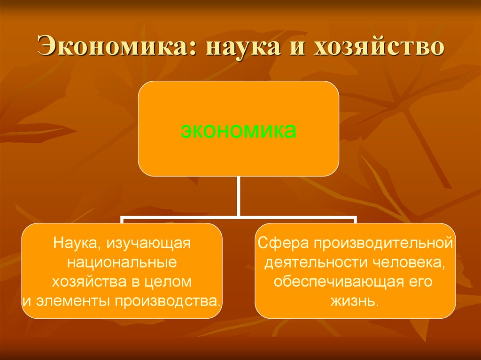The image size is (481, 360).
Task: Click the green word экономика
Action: (238, 130)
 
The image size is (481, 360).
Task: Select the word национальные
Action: (122, 263)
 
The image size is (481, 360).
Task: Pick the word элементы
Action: (73, 301)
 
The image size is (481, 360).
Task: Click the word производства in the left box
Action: (168, 302)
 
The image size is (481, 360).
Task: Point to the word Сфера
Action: (283, 243)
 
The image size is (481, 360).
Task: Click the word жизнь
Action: (355, 301)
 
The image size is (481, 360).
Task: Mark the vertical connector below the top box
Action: (238, 196)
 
